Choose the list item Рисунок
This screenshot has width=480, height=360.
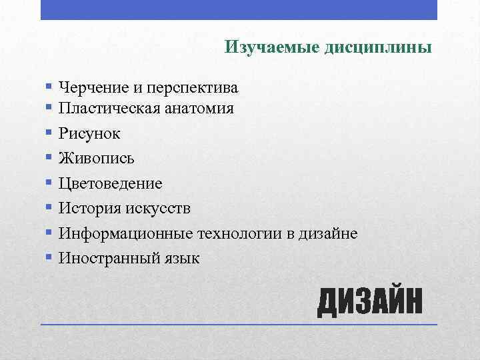click(89, 134)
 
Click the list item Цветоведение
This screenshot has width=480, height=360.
click(110, 183)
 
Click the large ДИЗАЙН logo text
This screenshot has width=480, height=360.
click(369, 303)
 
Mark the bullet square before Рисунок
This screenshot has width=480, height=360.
click(49, 133)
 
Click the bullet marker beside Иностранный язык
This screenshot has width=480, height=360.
click(49, 256)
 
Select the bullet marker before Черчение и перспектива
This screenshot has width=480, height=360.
click(49, 86)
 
